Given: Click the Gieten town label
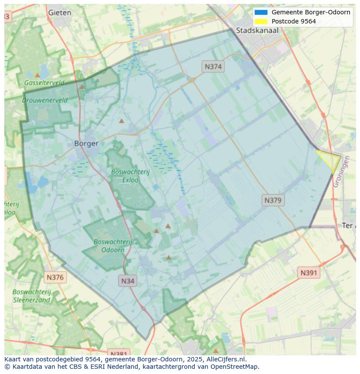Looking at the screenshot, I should [x=60, y=13].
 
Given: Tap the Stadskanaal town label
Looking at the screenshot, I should [x=257, y=30].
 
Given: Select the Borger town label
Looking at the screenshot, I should [x=86, y=143].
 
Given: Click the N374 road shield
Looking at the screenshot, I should [x=213, y=66].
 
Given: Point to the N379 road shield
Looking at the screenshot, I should [x=273, y=200].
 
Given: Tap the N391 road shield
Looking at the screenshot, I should [x=309, y=273].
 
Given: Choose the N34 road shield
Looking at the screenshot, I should [x=128, y=281].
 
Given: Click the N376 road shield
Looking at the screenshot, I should [x=55, y=277].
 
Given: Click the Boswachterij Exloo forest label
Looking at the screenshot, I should [x=130, y=175].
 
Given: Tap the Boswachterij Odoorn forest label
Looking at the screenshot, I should [x=113, y=245].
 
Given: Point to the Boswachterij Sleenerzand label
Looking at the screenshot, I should [x=32, y=296].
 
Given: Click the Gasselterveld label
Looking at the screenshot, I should [x=44, y=83].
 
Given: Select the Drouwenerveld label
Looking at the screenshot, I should [x=45, y=100].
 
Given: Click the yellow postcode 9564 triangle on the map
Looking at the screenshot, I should [x=331, y=160].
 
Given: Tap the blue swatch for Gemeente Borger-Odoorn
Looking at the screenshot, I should [x=261, y=12].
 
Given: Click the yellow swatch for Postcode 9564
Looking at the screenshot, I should [x=261, y=21].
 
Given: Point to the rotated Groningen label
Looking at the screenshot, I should [x=341, y=172].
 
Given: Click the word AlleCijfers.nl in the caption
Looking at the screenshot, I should [x=225, y=359].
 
